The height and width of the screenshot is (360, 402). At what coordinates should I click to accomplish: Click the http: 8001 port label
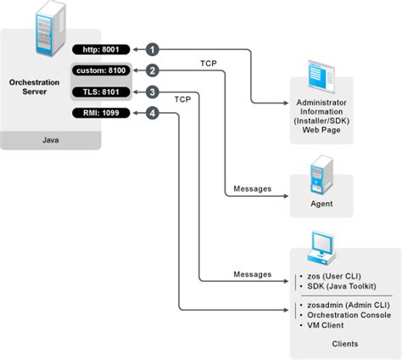(99, 49)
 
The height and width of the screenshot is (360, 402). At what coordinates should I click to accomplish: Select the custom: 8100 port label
(99, 70)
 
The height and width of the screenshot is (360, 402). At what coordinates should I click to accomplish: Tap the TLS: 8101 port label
(99, 92)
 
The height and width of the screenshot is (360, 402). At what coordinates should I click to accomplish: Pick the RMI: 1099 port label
(99, 113)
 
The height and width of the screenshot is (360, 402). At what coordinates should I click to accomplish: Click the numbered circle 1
(152, 49)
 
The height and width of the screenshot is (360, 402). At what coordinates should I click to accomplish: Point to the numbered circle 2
(152, 70)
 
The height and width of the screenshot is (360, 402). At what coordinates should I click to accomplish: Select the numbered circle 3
(152, 92)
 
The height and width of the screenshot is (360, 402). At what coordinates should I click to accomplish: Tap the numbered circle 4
(152, 113)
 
